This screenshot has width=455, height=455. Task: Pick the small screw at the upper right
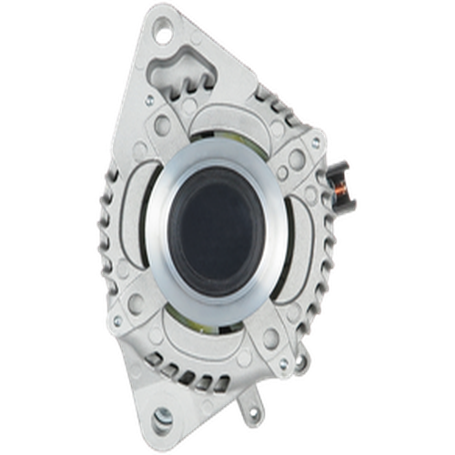283,169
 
